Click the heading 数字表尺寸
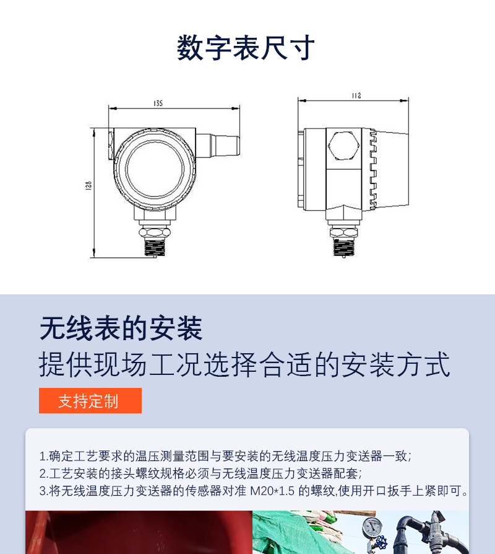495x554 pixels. coord(246,48)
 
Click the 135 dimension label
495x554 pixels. coord(158,103)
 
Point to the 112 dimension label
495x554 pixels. coord(356,96)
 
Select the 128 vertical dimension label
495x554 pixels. coord(88,185)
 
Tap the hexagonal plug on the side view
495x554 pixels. coord(343,146)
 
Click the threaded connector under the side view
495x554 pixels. coord(344,247)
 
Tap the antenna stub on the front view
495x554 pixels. coord(218,146)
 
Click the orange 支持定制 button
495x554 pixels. coord(90,401)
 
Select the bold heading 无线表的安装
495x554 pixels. coord(121,328)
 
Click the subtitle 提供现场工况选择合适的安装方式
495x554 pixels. coord(244,364)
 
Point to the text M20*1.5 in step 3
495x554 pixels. coord(272,491)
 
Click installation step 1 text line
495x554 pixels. coord(225,456)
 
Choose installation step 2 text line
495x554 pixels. coord(200,473)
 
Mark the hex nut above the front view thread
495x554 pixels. coord(155,232)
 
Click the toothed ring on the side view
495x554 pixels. coord(373,169)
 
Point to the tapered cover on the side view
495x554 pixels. coord(392,169)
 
